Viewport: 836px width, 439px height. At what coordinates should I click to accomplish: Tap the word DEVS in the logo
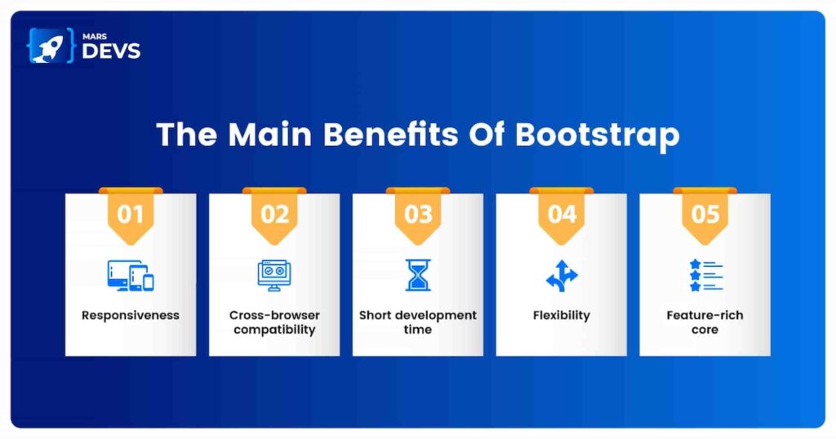coord(111,51)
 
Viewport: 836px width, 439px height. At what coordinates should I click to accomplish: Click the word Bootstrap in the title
coord(597,135)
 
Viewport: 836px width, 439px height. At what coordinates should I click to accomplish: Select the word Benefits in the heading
coord(390,134)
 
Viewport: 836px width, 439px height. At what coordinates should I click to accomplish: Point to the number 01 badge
coord(131,215)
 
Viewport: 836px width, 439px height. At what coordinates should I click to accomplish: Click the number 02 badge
coord(274,215)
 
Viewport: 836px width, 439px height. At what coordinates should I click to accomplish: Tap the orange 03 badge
coord(418,215)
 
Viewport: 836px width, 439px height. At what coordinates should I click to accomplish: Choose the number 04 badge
coord(562,215)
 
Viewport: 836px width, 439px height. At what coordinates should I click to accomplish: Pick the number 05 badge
coord(705,215)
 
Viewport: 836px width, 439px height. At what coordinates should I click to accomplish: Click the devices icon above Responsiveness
coord(131,276)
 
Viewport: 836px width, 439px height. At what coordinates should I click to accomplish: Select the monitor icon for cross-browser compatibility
coord(274,276)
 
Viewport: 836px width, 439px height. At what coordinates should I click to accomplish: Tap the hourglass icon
coord(418,276)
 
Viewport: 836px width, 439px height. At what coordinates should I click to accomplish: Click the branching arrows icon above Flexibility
coord(562,276)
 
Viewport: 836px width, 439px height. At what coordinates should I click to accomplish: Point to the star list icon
coord(706,276)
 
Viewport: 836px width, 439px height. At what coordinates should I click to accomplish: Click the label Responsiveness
coord(131,316)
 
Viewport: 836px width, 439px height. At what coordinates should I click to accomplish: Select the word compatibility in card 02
coord(274,330)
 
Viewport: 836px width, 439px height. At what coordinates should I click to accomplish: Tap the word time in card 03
coord(417,330)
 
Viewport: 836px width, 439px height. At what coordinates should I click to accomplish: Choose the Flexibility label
coord(562,316)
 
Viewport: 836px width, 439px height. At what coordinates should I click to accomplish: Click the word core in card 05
coord(705,330)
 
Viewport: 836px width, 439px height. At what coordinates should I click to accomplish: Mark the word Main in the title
coord(269,134)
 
